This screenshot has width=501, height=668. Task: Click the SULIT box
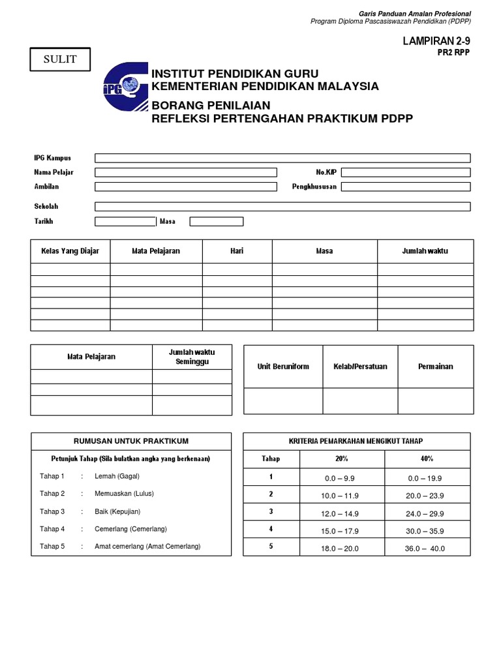[x=60, y=59]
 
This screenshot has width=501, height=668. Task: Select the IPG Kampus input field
[x=282, y=158]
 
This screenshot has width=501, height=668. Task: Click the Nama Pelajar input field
[x=186, y=172]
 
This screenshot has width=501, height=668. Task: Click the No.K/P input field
[x=405, y=172]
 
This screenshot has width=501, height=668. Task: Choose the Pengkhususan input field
[x=405, y=187]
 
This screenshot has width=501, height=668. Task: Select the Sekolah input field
[x=282, y=207]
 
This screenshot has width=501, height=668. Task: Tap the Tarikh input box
[x=125, y=221]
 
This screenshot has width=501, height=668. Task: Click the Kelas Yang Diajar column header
[x=70, y=251]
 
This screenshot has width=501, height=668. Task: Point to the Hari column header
[x=237, y=251]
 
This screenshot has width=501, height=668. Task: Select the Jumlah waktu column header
[x=425, y=251]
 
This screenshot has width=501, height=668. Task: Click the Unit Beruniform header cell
[x=283, y=367]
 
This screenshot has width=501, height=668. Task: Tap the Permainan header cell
[x=435, y=367]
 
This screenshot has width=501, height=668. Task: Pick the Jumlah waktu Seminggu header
[x=192, y=357]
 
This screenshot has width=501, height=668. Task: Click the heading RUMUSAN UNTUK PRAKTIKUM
[x=131, y=441]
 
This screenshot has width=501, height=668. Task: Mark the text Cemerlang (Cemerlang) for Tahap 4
[x=131, y=529]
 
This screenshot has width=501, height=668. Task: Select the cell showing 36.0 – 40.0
[x=425, y=549]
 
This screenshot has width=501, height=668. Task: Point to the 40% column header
[x=427, y=459]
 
